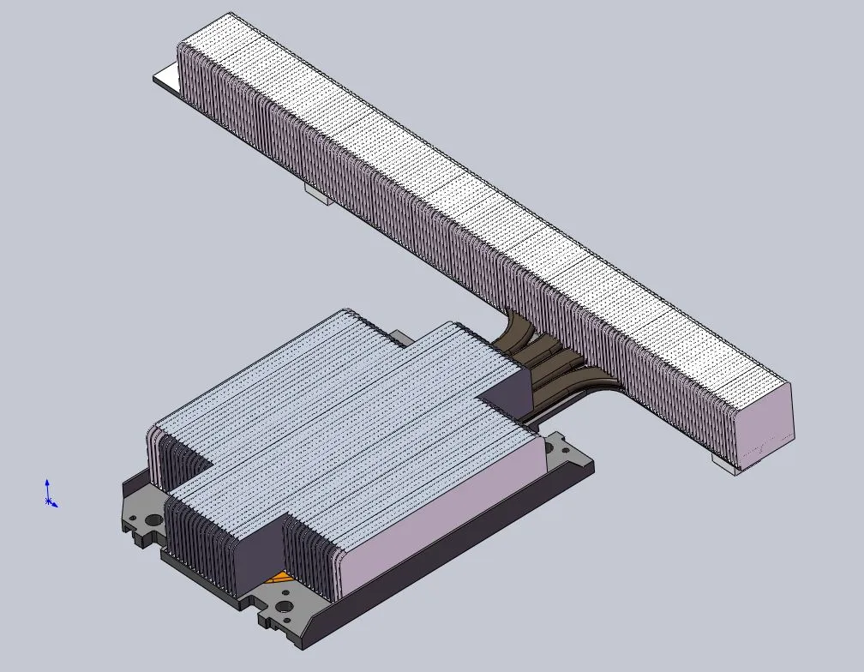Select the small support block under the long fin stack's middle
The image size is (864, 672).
(318, 196)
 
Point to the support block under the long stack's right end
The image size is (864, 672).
(723, 464)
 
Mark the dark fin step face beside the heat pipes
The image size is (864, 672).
(507, 390)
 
